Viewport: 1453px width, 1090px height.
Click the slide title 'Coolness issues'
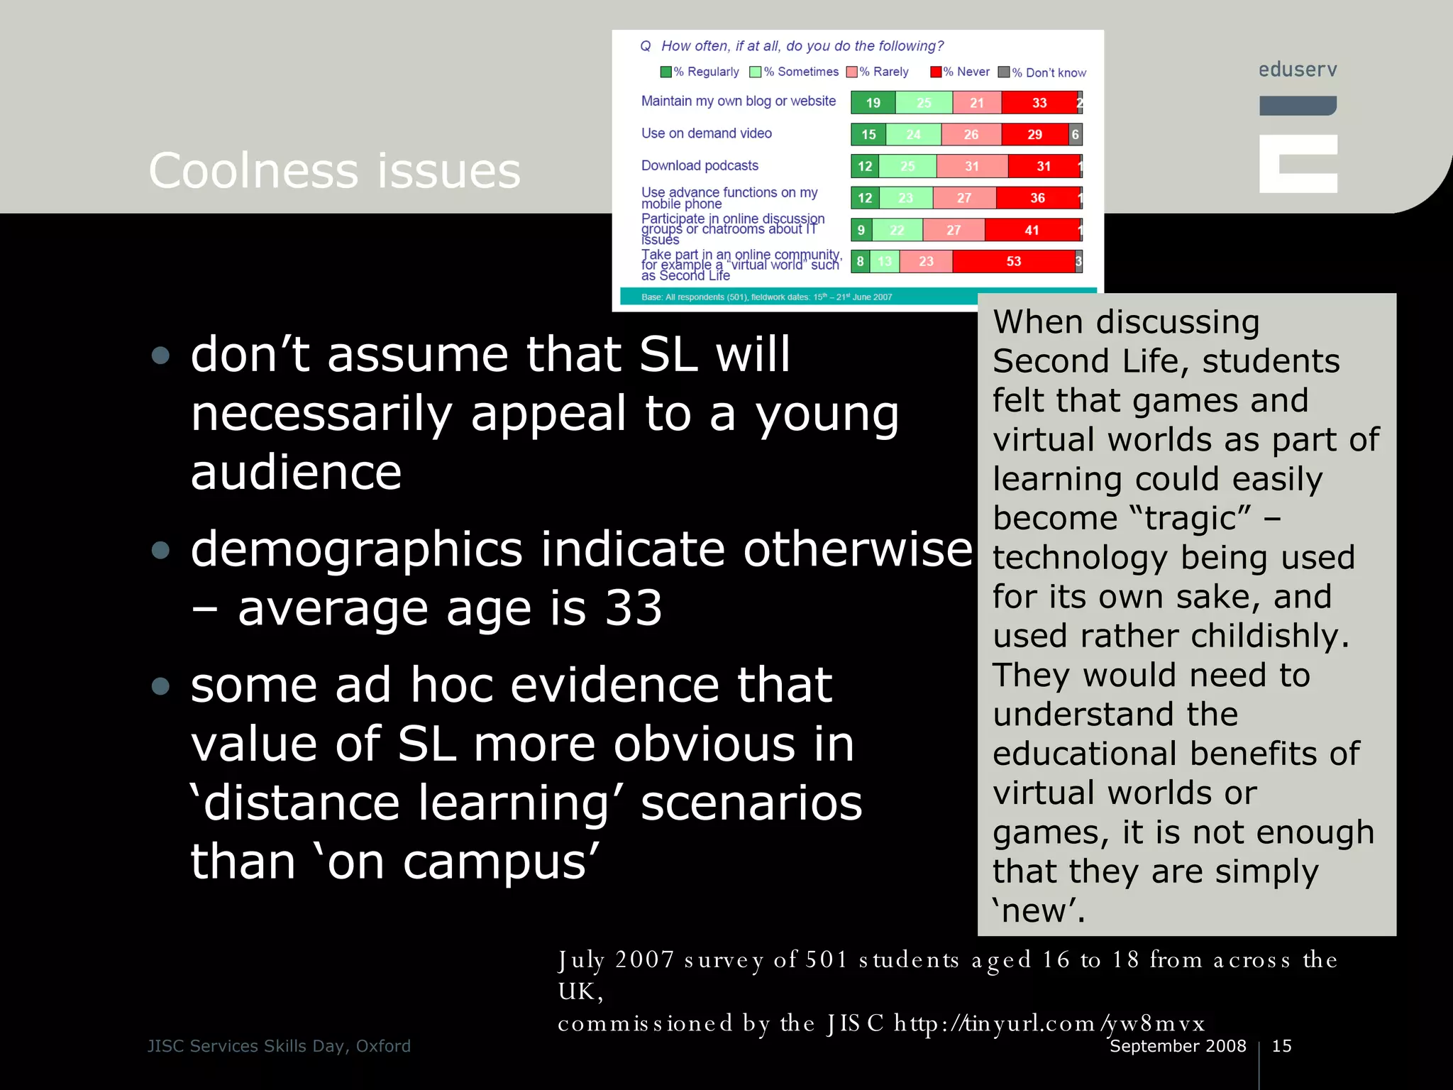click(x=334, y=171)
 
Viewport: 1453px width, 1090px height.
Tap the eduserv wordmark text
click(x=1298, y=70)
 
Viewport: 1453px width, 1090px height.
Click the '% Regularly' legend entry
click(x=700, y=72)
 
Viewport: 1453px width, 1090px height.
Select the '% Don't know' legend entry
click(x=1042, y=72)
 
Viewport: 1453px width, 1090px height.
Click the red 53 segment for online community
click(x=1013, y=261)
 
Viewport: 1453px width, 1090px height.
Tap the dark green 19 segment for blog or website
click(x=873, y=103)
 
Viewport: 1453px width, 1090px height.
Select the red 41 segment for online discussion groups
click(x=1031, y=230)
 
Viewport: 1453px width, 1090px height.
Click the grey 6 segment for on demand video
click(x=1075, y=134)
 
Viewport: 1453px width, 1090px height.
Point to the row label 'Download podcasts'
click(x=700, y=165)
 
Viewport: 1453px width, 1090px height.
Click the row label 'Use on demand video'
click(x=706, y=133)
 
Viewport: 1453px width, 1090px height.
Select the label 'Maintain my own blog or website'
click(x=738, y=101)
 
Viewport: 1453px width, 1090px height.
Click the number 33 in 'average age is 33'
click(x=633, y=608)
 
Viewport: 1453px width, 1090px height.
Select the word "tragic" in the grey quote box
click(x=1189, y=518)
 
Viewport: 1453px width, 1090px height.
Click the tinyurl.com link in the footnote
click(x=1049, y=1023)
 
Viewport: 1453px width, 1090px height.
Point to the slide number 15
click(x=1281, y=1046)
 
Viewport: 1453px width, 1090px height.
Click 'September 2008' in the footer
click(x=1178, y=1046)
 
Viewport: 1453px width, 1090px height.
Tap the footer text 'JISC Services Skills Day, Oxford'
click(x=279, y=1046)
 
